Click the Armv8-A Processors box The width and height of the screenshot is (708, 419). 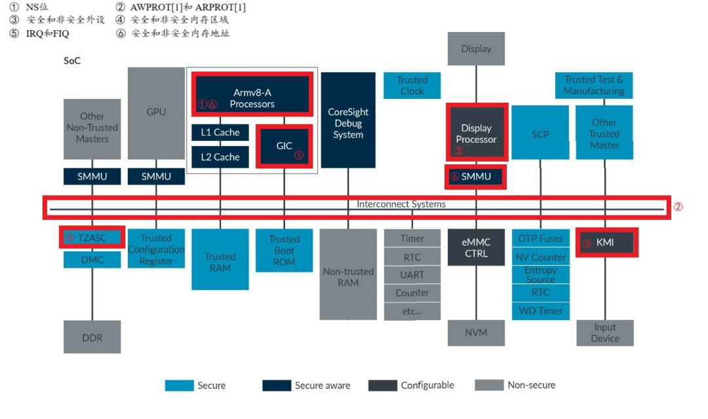(253, 98)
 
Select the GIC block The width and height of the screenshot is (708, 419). (284, 146)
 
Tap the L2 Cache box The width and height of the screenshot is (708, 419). (220, 157)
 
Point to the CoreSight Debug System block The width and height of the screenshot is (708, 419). (348, 123)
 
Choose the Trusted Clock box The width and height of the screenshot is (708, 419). (412, 86)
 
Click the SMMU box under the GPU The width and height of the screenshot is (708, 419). (156, 176)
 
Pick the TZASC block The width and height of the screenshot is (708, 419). (92, 237)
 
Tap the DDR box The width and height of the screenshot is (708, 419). (92, 337)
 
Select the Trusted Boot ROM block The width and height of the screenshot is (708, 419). (284, 251)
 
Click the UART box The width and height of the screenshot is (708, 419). (412, 275)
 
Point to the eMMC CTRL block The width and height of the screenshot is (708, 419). (476, 247)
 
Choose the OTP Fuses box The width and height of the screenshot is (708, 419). (541, 238)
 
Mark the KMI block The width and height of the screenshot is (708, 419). (605, 243)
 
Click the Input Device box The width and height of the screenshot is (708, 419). (604, 333)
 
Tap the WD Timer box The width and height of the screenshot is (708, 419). (541, 311)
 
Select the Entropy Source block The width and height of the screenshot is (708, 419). (541, 275)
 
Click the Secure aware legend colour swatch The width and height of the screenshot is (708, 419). (276, 386)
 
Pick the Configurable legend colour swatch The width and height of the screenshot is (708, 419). (382, 386)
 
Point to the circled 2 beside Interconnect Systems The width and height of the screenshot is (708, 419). (678, 206)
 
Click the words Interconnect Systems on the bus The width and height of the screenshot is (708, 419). (401, 204)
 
